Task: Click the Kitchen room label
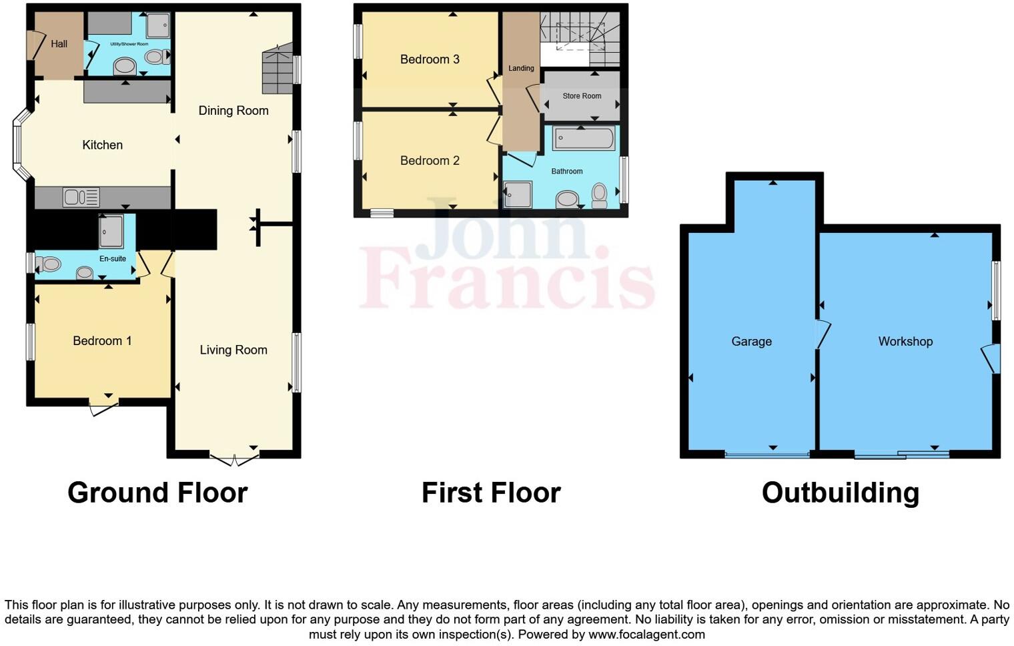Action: coord(102,145)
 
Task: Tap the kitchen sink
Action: coord(81,197)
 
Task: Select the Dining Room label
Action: coord(233,111)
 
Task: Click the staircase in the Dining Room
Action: coord(277,69)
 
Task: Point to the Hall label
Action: coord(59,44)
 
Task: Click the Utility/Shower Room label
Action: coord(129,44)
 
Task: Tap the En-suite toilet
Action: coord(48,265)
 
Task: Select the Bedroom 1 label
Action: coord(102,341)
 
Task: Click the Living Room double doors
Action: coord(234,460)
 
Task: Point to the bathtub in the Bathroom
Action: coord(583,139)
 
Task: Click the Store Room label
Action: coord(582,96)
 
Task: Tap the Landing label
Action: coord(521,68)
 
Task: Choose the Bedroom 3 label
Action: coord(430,59)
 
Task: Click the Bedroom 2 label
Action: coord(430,161)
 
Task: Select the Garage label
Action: coord(751,342)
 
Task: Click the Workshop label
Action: coord(905,342)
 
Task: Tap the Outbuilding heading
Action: coord(841,493)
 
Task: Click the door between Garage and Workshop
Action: coord(822,334)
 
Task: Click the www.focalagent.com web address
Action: coord(646,635)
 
